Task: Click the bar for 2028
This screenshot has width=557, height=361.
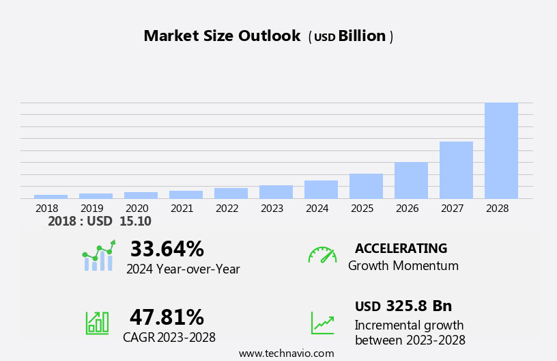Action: click(501, 150)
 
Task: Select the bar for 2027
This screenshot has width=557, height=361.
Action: click(456, 170)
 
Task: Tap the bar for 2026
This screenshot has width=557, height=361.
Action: click(411, 180)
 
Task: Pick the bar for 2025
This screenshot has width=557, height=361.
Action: click(366, 186)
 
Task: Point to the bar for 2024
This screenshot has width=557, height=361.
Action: click(321, 189)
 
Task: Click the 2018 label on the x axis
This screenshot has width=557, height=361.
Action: click(46, 208)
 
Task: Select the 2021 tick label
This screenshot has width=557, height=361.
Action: click(182, 208)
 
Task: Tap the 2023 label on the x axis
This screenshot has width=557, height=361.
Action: click(272, 208)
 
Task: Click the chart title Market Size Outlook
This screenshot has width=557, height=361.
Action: click(222, 36)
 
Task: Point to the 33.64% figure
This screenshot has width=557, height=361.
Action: click(167, 249)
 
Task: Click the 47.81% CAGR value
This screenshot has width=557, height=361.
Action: click(167, 317)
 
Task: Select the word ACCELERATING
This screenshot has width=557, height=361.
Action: click(401, 248)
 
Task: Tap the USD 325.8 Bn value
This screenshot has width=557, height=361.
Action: click(403, 306)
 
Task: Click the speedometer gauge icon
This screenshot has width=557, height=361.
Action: click(322, 255)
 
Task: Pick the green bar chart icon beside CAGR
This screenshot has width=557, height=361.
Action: click(97, 322)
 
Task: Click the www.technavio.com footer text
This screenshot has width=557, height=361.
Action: click(286, 353)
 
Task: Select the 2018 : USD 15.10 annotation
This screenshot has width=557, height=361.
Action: click(100, 222)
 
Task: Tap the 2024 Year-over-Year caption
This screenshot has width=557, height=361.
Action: click(183, 269)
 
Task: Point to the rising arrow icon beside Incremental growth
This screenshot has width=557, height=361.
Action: click(322, 323)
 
